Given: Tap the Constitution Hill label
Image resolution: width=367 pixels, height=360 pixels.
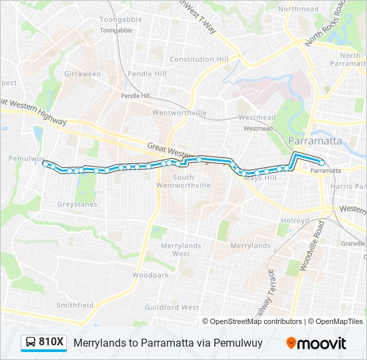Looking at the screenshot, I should click(x=199, y=59).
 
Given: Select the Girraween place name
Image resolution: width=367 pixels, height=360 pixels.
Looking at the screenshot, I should click(x=82, y=74).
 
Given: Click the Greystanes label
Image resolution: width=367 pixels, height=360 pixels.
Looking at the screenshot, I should click(x=77, y=204).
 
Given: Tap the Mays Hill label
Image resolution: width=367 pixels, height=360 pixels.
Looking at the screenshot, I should click(x=260, y=179).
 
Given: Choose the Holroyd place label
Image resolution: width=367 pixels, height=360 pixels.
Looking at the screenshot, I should click(x=294, y=220).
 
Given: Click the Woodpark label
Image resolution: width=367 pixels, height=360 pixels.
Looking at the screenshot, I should click(x=150, y=275).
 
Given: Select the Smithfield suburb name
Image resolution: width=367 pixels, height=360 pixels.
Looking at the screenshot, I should click(x=75, y=305).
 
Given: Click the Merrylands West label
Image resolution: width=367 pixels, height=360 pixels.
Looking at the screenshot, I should click(x=181, y=249).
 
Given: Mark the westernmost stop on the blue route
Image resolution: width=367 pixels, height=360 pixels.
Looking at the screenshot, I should click(x=45, y=163).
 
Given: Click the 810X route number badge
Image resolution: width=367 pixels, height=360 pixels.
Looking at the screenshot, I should click(x=51, y=343).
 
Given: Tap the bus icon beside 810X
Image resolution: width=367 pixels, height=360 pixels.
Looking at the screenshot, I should click(x=31, y=343).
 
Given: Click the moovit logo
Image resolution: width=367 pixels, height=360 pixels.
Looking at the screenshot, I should click(x=316, y=343).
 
